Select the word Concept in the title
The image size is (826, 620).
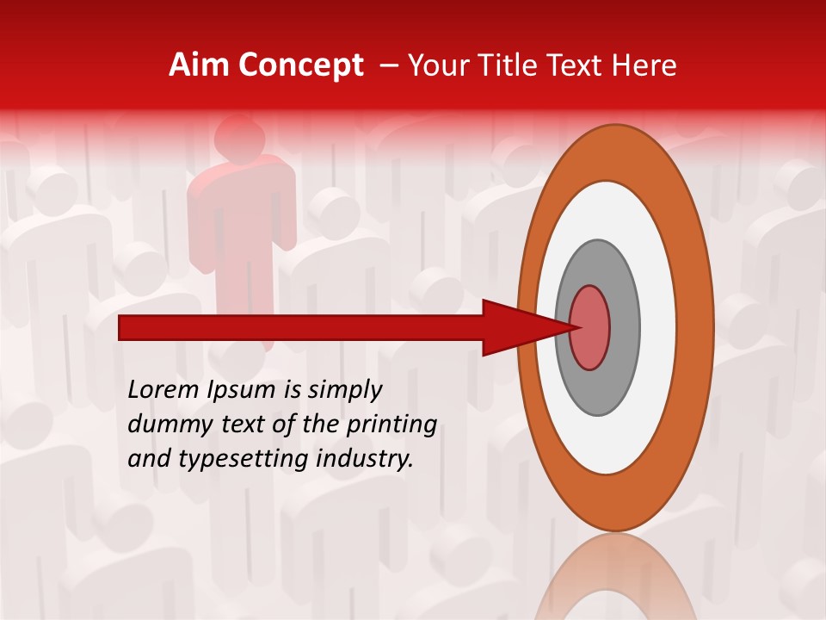[x=300, y=65]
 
